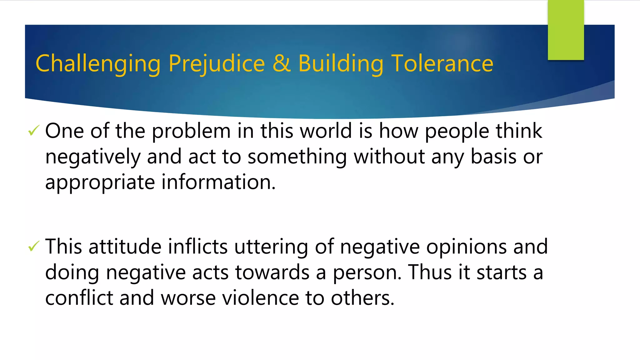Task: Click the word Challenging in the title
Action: tap(98, 64)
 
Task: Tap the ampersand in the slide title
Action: tap(281, 63)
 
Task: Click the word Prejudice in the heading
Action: tap(217, 64)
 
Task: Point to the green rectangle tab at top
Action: tap(566, 30)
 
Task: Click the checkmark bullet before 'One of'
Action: tap(33, 130)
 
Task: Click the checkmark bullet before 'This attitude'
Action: tap(33, 246)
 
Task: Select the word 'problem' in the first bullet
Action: tap(191, 131)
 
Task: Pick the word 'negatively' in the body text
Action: tap(93, 157)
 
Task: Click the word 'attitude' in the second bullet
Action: tap(125, 247)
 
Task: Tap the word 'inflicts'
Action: tap(197, 247)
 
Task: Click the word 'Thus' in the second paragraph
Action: tap(430, 272)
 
